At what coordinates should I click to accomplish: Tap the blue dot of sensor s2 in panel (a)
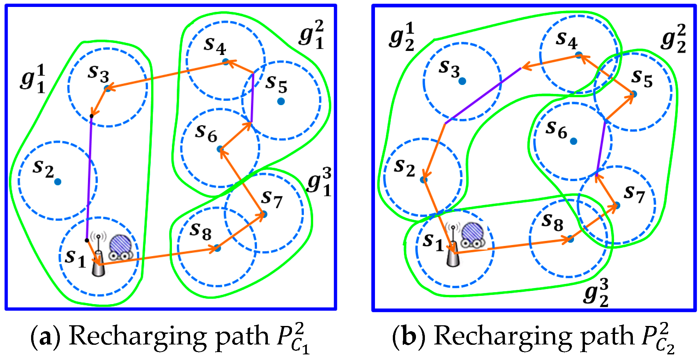point(58,181)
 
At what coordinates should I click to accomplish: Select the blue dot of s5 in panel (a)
point(281,101)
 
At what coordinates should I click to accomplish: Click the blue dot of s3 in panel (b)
point(462,81)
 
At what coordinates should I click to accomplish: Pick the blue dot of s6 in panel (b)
point(573,141)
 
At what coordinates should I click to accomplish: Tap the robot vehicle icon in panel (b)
point(473,235)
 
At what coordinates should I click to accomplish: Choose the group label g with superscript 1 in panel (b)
point(401,37)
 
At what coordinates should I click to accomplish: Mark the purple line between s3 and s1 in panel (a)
point(89,179)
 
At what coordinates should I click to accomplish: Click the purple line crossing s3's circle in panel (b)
point(483,96)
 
